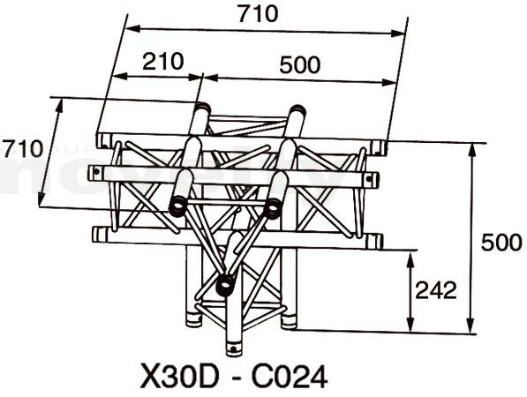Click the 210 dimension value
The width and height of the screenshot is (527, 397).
pyautogui.click(x=163, y=62)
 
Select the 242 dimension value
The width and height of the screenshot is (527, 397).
pyautogui.click(x=436, y=290)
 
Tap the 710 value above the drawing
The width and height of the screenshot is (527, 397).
pyautogui.click(x=258, y=14)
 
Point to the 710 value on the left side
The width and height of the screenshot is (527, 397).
pyautogui.click(x=23, y=148)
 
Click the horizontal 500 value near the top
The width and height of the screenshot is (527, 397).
pyautogui.click(x=300, y=64)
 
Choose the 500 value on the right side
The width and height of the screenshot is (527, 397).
pyautogui.click(x=501, y=243)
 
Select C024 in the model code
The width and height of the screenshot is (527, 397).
pyautogui.click(x=290, y=377)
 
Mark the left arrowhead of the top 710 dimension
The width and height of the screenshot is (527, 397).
pyautogui.click(x=132, y=28)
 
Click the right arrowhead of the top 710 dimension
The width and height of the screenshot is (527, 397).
pyautogui.click(x=399, y=33)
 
